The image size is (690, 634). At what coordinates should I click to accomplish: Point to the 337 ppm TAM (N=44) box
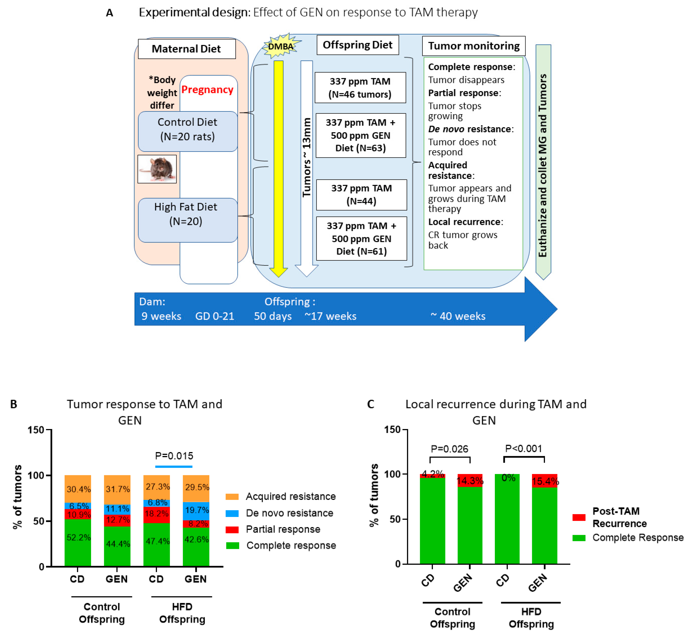point(361,195)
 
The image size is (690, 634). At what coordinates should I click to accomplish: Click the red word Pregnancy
point(207,90)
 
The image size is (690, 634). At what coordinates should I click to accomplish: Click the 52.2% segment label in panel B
point(78,537)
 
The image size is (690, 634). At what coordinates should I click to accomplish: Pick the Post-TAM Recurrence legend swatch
point(579,517)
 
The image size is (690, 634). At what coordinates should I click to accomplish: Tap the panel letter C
point(370,404)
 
